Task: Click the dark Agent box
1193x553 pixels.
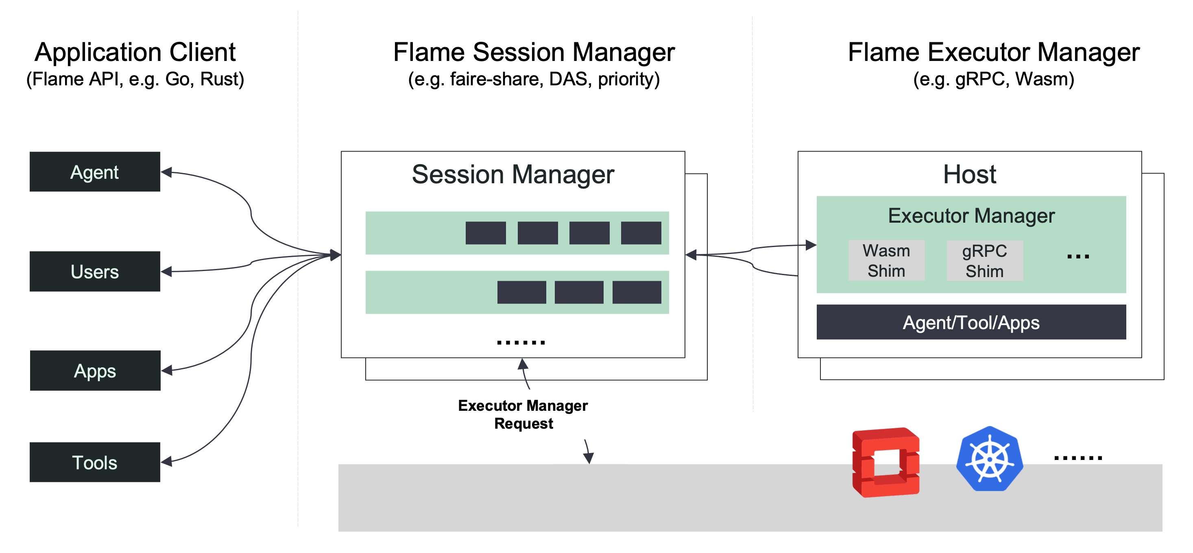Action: point(95,172)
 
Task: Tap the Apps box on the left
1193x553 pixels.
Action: point(95,371)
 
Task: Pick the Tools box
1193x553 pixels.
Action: point(95,462)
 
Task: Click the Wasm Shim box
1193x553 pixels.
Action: point(886,260)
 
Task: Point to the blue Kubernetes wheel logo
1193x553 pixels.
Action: point(990,459)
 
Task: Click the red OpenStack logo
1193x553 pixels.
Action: point(885,462)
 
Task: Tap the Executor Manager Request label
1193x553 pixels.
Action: point(523,414)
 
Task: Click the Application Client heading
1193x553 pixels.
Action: point(135,52)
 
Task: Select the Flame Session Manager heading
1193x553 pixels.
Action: point(534,52)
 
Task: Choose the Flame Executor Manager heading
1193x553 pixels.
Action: point(993,52)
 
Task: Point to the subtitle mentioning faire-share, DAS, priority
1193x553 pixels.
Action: point(534,79)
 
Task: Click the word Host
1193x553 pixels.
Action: point(969,174)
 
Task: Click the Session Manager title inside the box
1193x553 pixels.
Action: point(513,174)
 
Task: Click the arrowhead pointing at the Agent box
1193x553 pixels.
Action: point(167,172)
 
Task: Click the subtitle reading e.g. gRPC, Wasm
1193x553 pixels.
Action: point(993,79)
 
